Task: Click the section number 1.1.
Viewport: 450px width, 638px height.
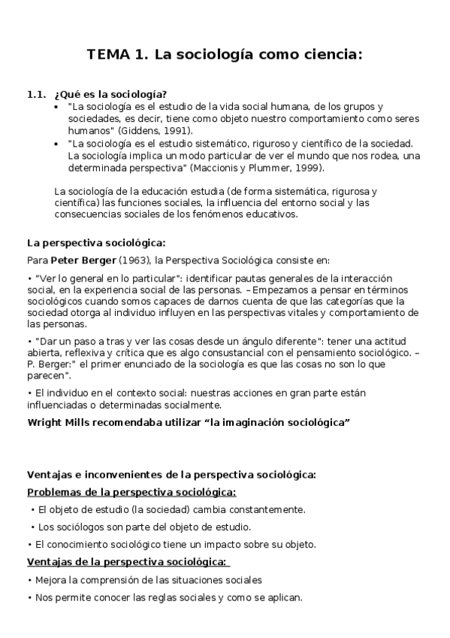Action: click(x=37, y=95)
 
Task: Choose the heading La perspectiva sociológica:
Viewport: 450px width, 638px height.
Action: click(x=96, y=242)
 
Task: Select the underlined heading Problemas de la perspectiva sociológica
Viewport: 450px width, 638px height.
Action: click(x=131, y=492)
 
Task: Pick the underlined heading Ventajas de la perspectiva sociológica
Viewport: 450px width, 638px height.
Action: click(x=127, y=562)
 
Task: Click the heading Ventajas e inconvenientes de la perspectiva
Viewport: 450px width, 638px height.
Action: click(x=171, y=475)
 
